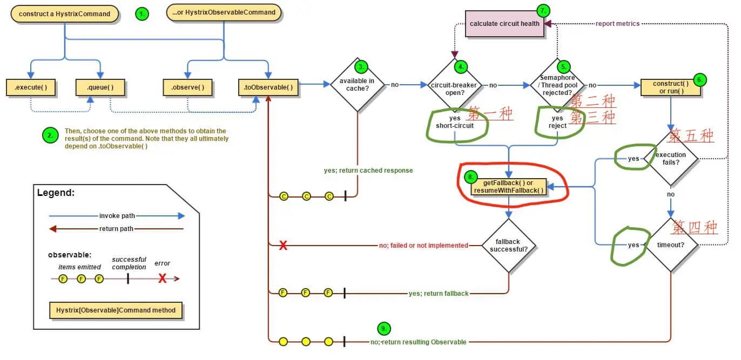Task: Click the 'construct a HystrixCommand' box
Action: point(64,13)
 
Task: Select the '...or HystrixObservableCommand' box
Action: point(224,12)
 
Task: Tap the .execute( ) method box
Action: point(32,87)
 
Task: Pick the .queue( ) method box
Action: point(100,87)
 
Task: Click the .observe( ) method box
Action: point(187,87)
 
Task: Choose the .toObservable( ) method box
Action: point(268,87)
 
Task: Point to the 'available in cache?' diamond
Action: point(357,85)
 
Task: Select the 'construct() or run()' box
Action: point(670,87)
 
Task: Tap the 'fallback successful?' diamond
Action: point(508,246)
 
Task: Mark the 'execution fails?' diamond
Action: point(671,159)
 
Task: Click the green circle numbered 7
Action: point(544,10)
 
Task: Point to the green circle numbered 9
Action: point(383,328)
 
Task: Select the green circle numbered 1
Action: point(142,15)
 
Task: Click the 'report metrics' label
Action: point(617,24)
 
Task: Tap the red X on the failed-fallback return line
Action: point(282,246)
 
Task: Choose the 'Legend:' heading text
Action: point(56,193)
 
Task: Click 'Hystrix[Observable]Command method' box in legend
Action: point(116,311)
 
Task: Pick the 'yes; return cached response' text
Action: point(368,171)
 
